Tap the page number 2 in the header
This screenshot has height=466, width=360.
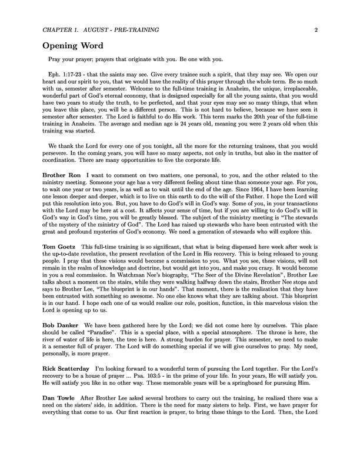[x=316, y=28]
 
